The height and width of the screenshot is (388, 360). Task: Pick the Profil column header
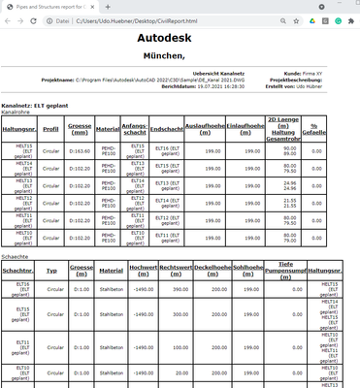51,127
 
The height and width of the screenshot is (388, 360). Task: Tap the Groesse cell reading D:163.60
80,150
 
